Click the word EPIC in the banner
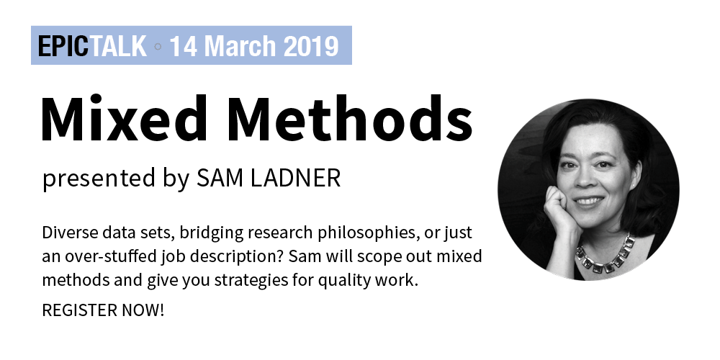[x=63, y=46]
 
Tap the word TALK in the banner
[x=119, y=46]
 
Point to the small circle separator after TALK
[x=158, y=46]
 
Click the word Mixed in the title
[x=124, y=118]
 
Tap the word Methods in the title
[x=350, y=118]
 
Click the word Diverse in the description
[x=70, y=233]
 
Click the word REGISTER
[x=80, y=310]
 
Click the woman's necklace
[x=606, y=256]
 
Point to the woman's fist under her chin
[x=558, y=207]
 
